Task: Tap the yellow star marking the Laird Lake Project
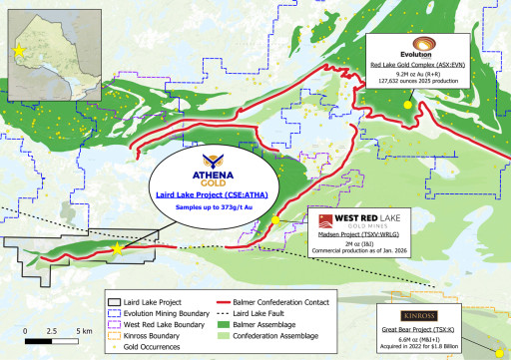tap(119, 249)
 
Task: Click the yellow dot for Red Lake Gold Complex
tap(407, 104)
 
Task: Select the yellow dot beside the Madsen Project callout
tap(275, 220)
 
